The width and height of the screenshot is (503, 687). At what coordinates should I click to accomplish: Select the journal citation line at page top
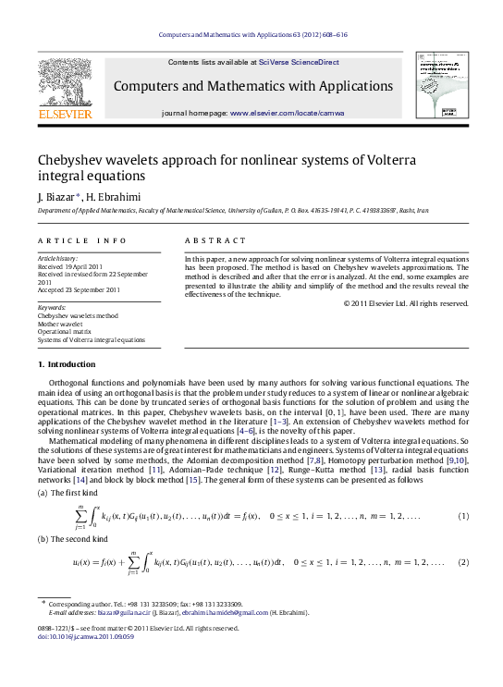click(x=251, y=34)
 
